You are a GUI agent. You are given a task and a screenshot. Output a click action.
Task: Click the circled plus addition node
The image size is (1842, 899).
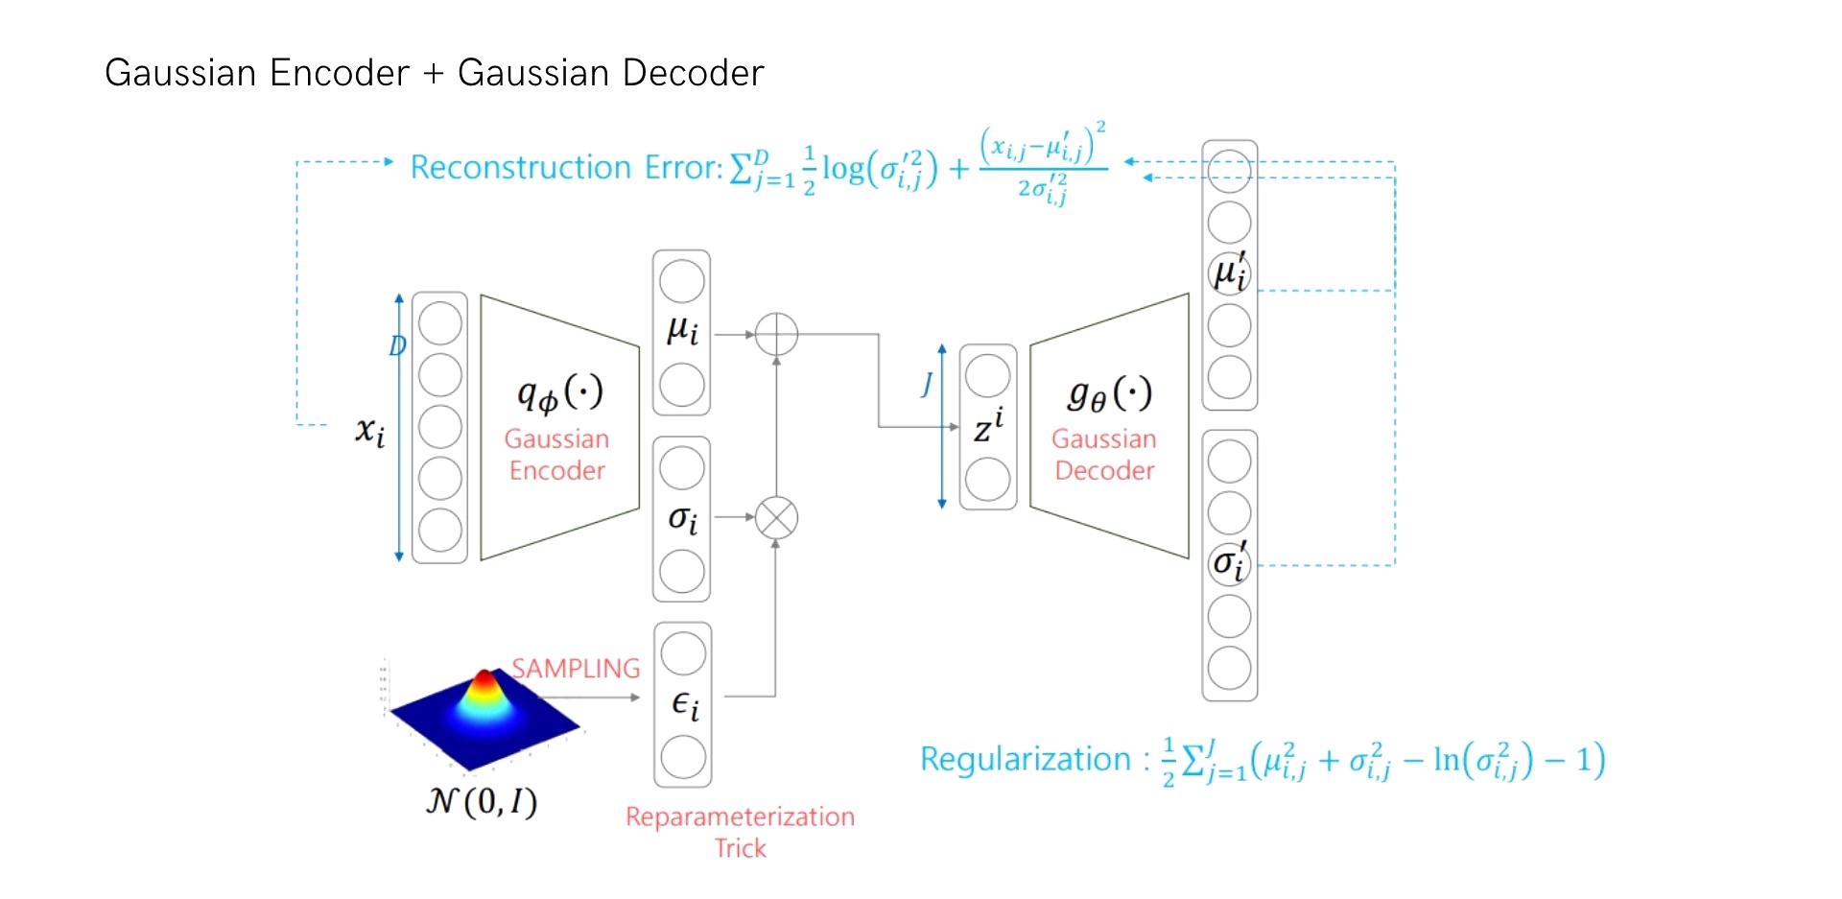click(776, 335)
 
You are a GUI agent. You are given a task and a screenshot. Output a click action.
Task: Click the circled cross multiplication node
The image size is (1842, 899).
click(776, 518)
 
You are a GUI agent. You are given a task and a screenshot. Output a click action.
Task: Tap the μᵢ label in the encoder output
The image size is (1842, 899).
click(682, 331)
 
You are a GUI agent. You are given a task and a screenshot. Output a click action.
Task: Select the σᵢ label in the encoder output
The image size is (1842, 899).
click(682, 519)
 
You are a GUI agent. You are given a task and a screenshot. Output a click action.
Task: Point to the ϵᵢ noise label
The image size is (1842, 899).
click(684, 705)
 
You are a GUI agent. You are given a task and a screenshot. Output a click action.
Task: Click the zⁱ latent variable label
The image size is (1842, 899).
click(988, 426)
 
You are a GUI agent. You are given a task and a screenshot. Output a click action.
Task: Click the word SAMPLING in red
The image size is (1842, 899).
click(575, 668)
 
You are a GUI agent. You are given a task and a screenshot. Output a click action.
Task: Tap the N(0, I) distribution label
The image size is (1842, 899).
click(482, 800)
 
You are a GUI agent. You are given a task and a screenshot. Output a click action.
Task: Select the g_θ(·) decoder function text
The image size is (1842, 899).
click(1108, 393)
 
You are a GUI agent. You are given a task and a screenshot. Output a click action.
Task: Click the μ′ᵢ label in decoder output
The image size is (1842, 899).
click(1229, 272)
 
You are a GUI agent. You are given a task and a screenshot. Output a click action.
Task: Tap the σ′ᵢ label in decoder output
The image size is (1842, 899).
click(1229, 562)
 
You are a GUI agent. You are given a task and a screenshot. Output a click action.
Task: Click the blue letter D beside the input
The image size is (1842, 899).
click(397, 345)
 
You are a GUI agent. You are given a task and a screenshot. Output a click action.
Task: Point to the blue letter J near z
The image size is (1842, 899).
click(927, 384)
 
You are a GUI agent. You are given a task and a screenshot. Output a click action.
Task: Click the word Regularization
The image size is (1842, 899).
click(1025, 759)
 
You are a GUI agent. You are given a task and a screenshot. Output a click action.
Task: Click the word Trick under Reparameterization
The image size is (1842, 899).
click(740, 848)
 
